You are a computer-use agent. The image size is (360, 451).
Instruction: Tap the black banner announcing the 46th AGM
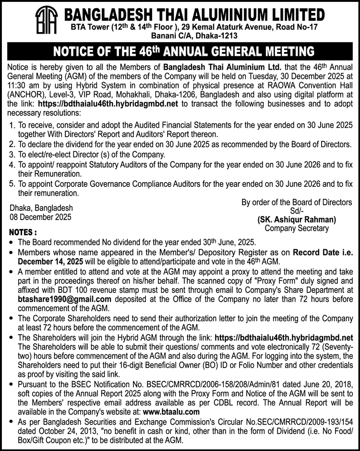click(180, 51)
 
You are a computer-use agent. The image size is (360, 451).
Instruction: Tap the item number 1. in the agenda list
click(13, 126)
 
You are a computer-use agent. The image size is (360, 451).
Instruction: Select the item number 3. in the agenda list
click(13, 155)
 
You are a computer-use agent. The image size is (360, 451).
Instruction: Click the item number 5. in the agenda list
click(13, 183)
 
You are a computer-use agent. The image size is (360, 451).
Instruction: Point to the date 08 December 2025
click(40, 217)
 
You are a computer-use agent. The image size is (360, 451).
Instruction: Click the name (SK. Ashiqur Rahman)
click(297, 219)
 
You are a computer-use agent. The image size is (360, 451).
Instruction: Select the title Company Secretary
click(297, 228)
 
